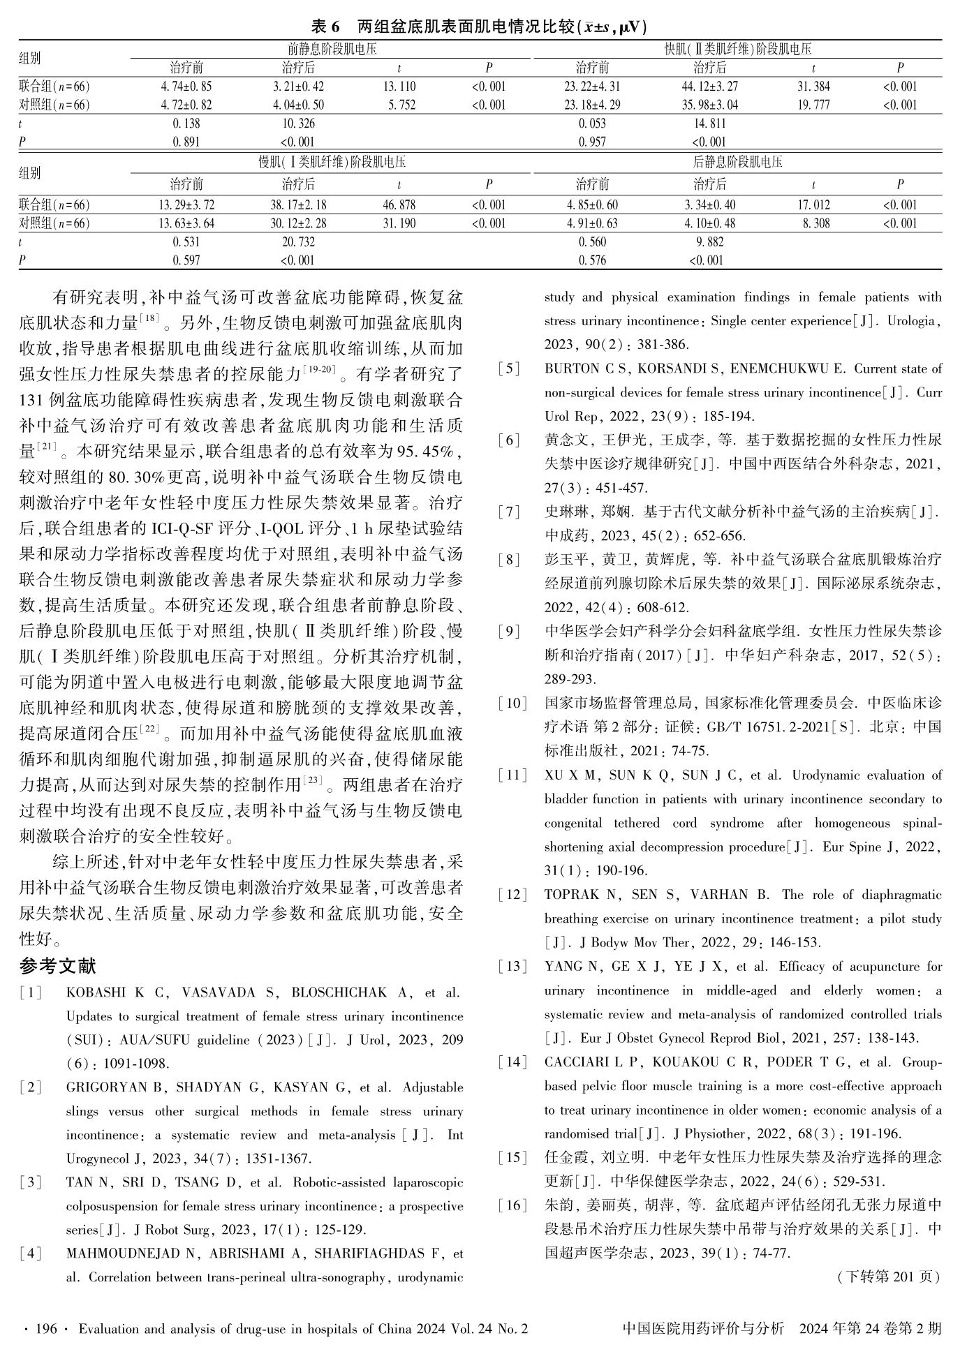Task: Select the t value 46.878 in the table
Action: point(399,205)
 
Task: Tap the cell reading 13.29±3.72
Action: point(186,205)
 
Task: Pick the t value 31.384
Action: point(813,87)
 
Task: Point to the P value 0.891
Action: point(186,142)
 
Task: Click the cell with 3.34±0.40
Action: point(709,205)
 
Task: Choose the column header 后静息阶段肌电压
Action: point(737,162)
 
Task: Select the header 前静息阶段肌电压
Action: point(332,49)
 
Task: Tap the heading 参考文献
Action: point(58,966)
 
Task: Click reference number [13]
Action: point(513,967)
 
